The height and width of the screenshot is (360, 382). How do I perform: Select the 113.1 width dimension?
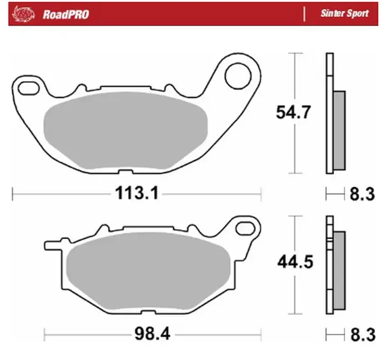pyautogui.click(x=136, y=192)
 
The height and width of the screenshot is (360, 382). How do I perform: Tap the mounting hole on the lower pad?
pyautogui.click(x=244, y=226)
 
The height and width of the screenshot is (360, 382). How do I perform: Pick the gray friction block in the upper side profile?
pyautogui.click(x=339, y=130)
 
